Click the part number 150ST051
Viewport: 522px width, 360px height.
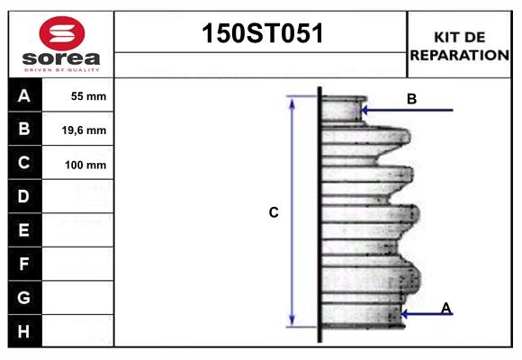pos(260,33)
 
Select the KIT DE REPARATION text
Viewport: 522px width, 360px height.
pos(460,46)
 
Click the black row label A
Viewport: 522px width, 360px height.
pos(24,96)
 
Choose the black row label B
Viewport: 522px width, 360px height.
pos(24,130)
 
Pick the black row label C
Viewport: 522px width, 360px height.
pos(24,163)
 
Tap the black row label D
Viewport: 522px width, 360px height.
pos(24,196)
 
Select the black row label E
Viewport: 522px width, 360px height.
pos(24,230)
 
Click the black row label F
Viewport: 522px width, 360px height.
pos(24,264)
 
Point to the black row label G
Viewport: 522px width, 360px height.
pos(24,297)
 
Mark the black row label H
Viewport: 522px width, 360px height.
pos(24,331)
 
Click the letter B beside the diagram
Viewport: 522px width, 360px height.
pos(411,99)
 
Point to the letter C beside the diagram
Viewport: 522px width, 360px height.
pos(274,212)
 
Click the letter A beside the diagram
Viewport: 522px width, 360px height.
pos(445,309)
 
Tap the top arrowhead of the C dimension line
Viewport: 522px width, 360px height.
pos(292,102)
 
